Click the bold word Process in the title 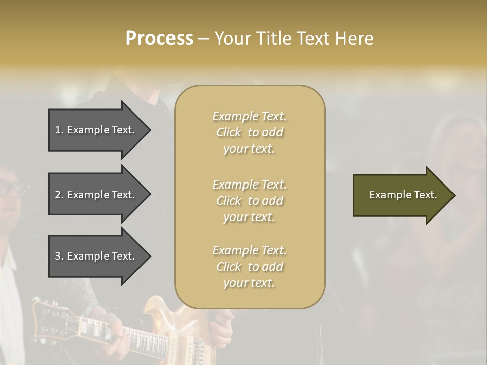click(x=159, y=38)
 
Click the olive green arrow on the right click(x=401, y=195)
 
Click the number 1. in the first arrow click(x=59, y=130)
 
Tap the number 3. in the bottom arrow click(x=59, y=256)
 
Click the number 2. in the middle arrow click(x=59, y=195)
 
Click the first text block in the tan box click(x=249, y=132)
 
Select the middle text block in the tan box click(x=249, y=201)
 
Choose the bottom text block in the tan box click(x=249, y=267)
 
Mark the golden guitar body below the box click(x=162, y=314)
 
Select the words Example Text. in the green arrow click(x=403, y=195)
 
